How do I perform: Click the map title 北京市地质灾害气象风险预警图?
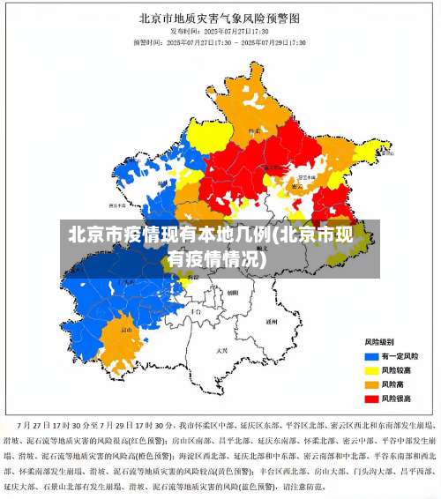pos(220,17)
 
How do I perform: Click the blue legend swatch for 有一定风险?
pos(371,356)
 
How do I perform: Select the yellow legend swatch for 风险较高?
pos(371,370)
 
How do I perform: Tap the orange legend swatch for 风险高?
pos(371,384)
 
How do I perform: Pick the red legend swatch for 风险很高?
pos(371,398)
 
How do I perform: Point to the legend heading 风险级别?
pos(379,341)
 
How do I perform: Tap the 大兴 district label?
pos(221,350)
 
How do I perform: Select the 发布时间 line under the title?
pos(220,30)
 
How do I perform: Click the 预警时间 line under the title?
pos(220,41)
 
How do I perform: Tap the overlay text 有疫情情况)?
pos(215,260)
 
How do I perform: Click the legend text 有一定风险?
pos(400,356)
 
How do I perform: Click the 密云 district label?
pos(298,186)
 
